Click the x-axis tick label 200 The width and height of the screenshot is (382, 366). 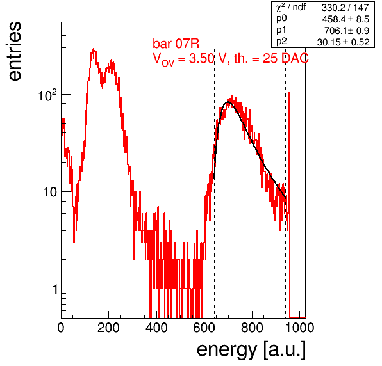click(108, 328)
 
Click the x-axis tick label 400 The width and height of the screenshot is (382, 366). click(156, 328)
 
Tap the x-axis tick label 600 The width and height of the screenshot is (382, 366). click(204, 328)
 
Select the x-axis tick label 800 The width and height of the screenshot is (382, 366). click(252, 328)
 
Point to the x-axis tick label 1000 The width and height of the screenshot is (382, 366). click(299, 328)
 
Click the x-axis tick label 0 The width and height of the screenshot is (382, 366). click(61, 328)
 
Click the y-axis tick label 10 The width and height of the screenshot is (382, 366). click(50, 192)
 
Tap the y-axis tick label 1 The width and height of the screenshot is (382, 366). click(55, 289)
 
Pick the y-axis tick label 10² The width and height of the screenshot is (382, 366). click(47, 95)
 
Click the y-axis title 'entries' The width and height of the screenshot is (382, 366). click(14, 51)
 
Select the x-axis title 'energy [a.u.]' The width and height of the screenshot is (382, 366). click(251, 351)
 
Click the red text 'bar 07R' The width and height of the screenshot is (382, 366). click(176, 44)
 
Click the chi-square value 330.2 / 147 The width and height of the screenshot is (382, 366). click(345, 8)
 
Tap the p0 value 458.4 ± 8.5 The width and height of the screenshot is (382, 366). click(345, 19)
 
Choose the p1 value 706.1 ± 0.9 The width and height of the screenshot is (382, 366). click(347, 31)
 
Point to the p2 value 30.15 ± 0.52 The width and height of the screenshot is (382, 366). click(343, 42)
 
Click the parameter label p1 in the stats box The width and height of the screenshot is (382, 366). click(281, 30)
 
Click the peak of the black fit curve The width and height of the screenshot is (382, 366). click(228, 102)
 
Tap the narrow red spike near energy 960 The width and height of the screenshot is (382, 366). click(289, 204)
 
